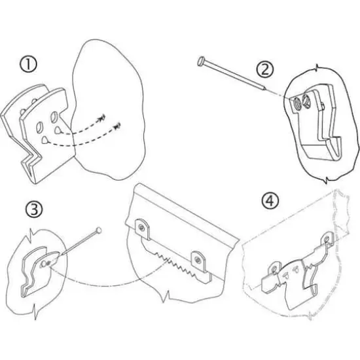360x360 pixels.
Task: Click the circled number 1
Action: click(27, 65)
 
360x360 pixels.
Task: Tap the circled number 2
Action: click(265, 67)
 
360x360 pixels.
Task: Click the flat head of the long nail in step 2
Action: click(199, 61)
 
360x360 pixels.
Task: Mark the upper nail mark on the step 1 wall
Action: click(103, 118)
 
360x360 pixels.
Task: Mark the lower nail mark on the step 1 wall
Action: click(118, 126)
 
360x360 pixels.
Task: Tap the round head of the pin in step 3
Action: click(99, 230)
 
